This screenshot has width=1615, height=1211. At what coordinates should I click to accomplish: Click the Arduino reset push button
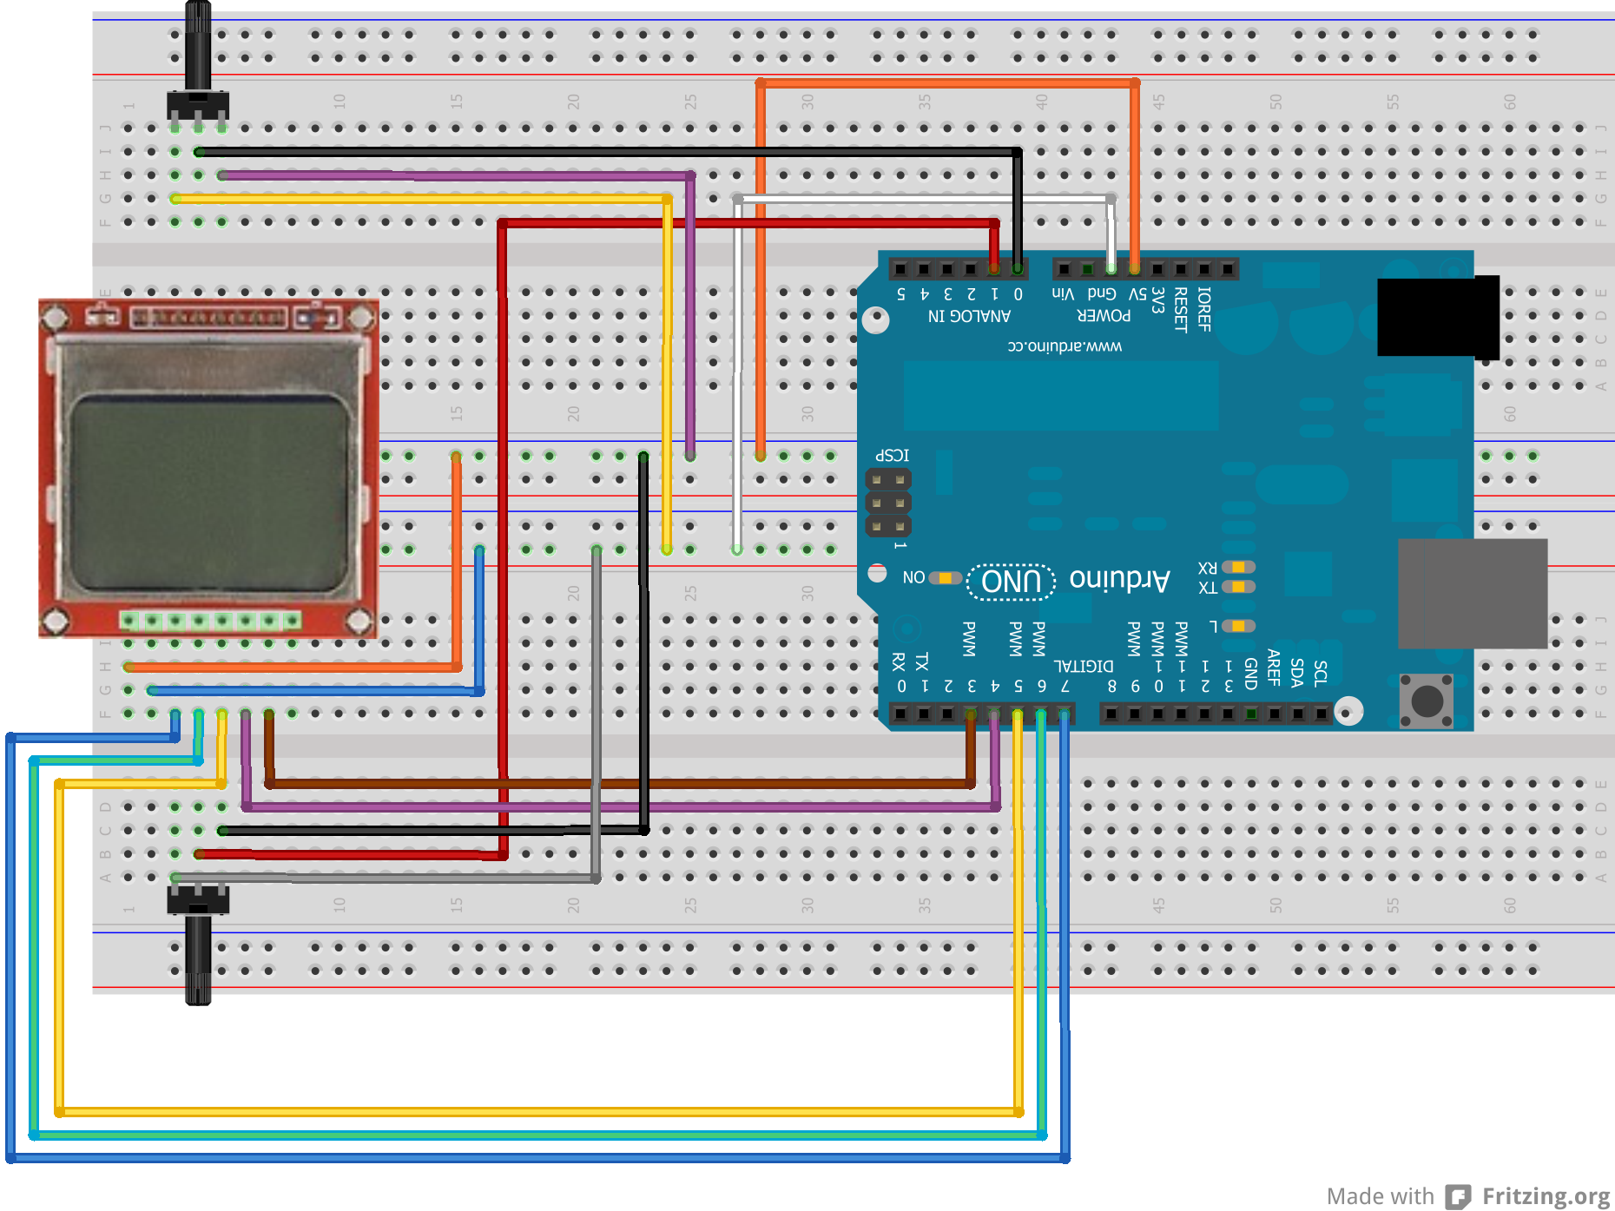pos(1426,700)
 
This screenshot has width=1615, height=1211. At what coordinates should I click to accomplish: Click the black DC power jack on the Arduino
pos(1438,317)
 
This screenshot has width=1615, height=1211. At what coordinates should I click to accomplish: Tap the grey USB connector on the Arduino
pos(1473,593)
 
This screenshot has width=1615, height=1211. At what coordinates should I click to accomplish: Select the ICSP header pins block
pos(888,503)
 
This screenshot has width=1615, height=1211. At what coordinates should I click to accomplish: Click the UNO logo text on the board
pos(1012,581)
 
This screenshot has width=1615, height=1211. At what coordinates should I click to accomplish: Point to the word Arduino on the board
pos(1120,579)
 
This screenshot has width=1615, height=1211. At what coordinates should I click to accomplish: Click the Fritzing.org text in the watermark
pos(1546,1196)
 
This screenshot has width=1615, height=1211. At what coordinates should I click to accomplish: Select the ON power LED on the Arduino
pos(944,578)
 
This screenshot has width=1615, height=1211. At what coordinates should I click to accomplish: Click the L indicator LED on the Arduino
pos(1238,626)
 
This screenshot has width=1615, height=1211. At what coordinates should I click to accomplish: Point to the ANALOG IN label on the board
pos(969,316)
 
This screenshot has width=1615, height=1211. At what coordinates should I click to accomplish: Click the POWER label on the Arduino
pos(1104,316)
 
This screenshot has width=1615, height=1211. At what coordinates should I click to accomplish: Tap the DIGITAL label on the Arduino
pos(1084,666)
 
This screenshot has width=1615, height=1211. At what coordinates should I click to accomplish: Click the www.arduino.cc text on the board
pos(1065,346)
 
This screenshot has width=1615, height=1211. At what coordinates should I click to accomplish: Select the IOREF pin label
pos(1204,309)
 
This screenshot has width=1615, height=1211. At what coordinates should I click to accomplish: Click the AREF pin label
pos(1274,668)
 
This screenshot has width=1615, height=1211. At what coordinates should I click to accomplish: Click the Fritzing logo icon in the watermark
pos(1458,1196)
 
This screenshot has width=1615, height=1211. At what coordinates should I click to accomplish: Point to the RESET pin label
pos(1181,309)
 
